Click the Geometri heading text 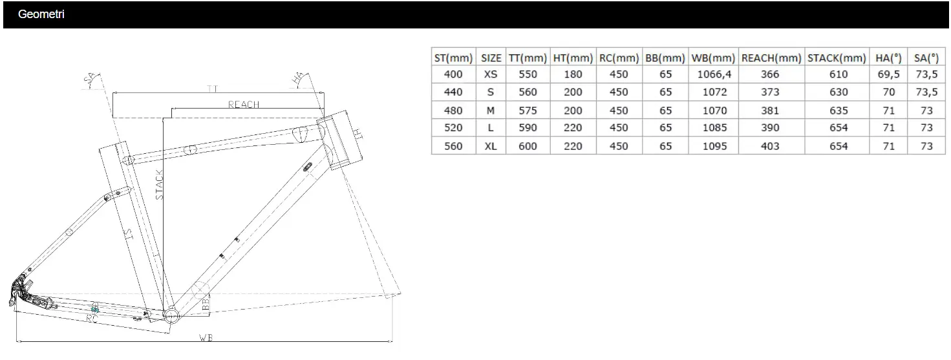[x=41, y=14]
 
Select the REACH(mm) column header [x=771, y=58]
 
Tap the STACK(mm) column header [x=837, y=58]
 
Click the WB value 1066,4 [x=714, y=74]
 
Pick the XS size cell [x=490, y=74]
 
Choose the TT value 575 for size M [x=528, y=111]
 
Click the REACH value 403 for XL [x=770, y=146]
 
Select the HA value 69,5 [x=888, y=74]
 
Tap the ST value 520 [x=453, y=128]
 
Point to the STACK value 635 [x=839, y=111]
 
